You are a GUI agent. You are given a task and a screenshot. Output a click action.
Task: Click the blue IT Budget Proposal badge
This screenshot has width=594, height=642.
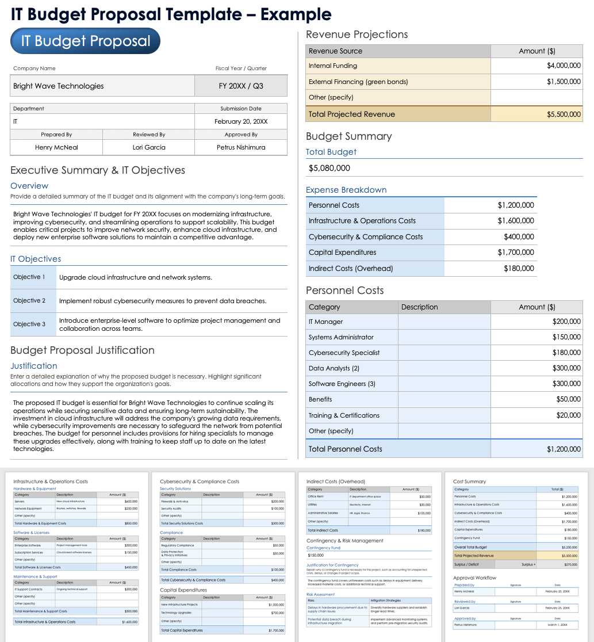tap(85, 41)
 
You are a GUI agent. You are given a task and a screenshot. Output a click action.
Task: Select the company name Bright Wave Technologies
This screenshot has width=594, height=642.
tap(59, 86)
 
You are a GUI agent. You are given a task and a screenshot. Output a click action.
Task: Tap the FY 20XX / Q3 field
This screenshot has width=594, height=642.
tap(241, 86)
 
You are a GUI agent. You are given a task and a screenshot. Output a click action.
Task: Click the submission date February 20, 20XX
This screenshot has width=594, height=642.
tap(241, 122)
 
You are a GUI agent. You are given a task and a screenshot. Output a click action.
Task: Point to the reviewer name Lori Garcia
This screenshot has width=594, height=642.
tap(149, 147)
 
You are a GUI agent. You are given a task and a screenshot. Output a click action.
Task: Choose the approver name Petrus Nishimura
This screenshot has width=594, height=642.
tap(241, 147)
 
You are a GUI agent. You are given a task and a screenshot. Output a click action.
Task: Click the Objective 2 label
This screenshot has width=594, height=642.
tap(29, 301)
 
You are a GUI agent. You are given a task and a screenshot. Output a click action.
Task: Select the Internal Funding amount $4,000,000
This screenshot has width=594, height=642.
tap(564, 66)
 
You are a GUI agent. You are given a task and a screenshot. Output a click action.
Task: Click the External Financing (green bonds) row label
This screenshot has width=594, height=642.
tap(358, 82)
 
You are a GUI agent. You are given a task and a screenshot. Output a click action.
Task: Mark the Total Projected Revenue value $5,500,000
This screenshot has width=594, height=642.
tap(564, 114)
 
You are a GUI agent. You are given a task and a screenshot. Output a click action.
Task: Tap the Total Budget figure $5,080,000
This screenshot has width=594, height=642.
tap(329, 169)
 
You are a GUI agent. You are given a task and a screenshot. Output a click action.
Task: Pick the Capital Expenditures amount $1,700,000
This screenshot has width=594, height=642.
tap(516, 253)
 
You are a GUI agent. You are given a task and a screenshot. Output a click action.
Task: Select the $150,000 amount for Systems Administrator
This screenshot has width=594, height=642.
tap(566, 337)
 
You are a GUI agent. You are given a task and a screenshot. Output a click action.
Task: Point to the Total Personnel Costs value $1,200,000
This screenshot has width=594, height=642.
tap(564, 449)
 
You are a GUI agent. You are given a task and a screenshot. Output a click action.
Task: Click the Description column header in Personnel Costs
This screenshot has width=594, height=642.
tap(419, 307)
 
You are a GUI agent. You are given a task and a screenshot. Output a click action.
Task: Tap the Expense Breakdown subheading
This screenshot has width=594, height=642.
tap(346, 190)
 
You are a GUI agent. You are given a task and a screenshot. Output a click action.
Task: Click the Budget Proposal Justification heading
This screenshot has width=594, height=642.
tap(82, 350)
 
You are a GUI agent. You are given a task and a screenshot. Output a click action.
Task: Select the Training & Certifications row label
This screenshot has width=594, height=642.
tap(344, 415)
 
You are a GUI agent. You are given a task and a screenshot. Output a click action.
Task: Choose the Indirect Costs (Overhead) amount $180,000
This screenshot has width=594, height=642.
tap(519, 269)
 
